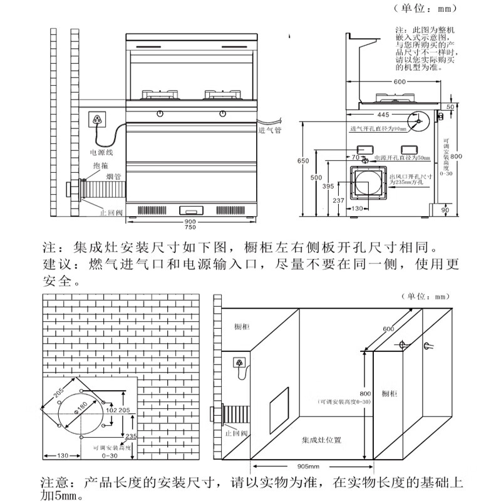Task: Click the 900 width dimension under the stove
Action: click(190, 222)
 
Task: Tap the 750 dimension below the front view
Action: click(190, 229)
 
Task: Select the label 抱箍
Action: click(91, 166)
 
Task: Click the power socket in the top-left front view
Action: click(96, 119)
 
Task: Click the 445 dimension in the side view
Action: click(384, 115)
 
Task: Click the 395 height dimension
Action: click(328, 187)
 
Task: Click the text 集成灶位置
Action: click(321, 440)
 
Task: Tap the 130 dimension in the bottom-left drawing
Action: click(61, 455)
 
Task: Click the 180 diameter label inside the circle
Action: click(80, 409)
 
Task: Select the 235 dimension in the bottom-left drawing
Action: click(130, 436)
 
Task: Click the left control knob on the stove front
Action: click(161, 113)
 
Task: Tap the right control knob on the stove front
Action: click(222, 113)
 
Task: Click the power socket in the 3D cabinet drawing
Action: click(239, 363)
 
